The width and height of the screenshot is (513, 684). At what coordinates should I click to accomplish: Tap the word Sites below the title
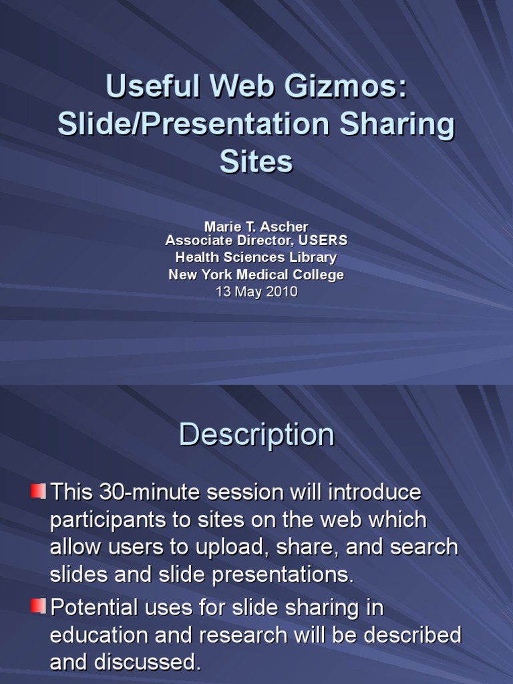pos(256,161)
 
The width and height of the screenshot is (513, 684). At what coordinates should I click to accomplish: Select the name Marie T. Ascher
pos(256,227)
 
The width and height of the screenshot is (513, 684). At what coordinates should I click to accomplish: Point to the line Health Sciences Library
pos(256,257)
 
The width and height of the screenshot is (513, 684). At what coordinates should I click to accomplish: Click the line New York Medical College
pos(256,275)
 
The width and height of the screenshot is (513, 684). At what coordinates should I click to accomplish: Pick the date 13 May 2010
pos(256,292)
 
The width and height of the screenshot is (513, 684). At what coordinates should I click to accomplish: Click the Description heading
pos(256,435)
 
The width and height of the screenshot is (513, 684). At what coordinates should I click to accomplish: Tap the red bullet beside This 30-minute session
pos(38,492)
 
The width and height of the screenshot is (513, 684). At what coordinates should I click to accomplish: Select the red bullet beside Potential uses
pos(38,607)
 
